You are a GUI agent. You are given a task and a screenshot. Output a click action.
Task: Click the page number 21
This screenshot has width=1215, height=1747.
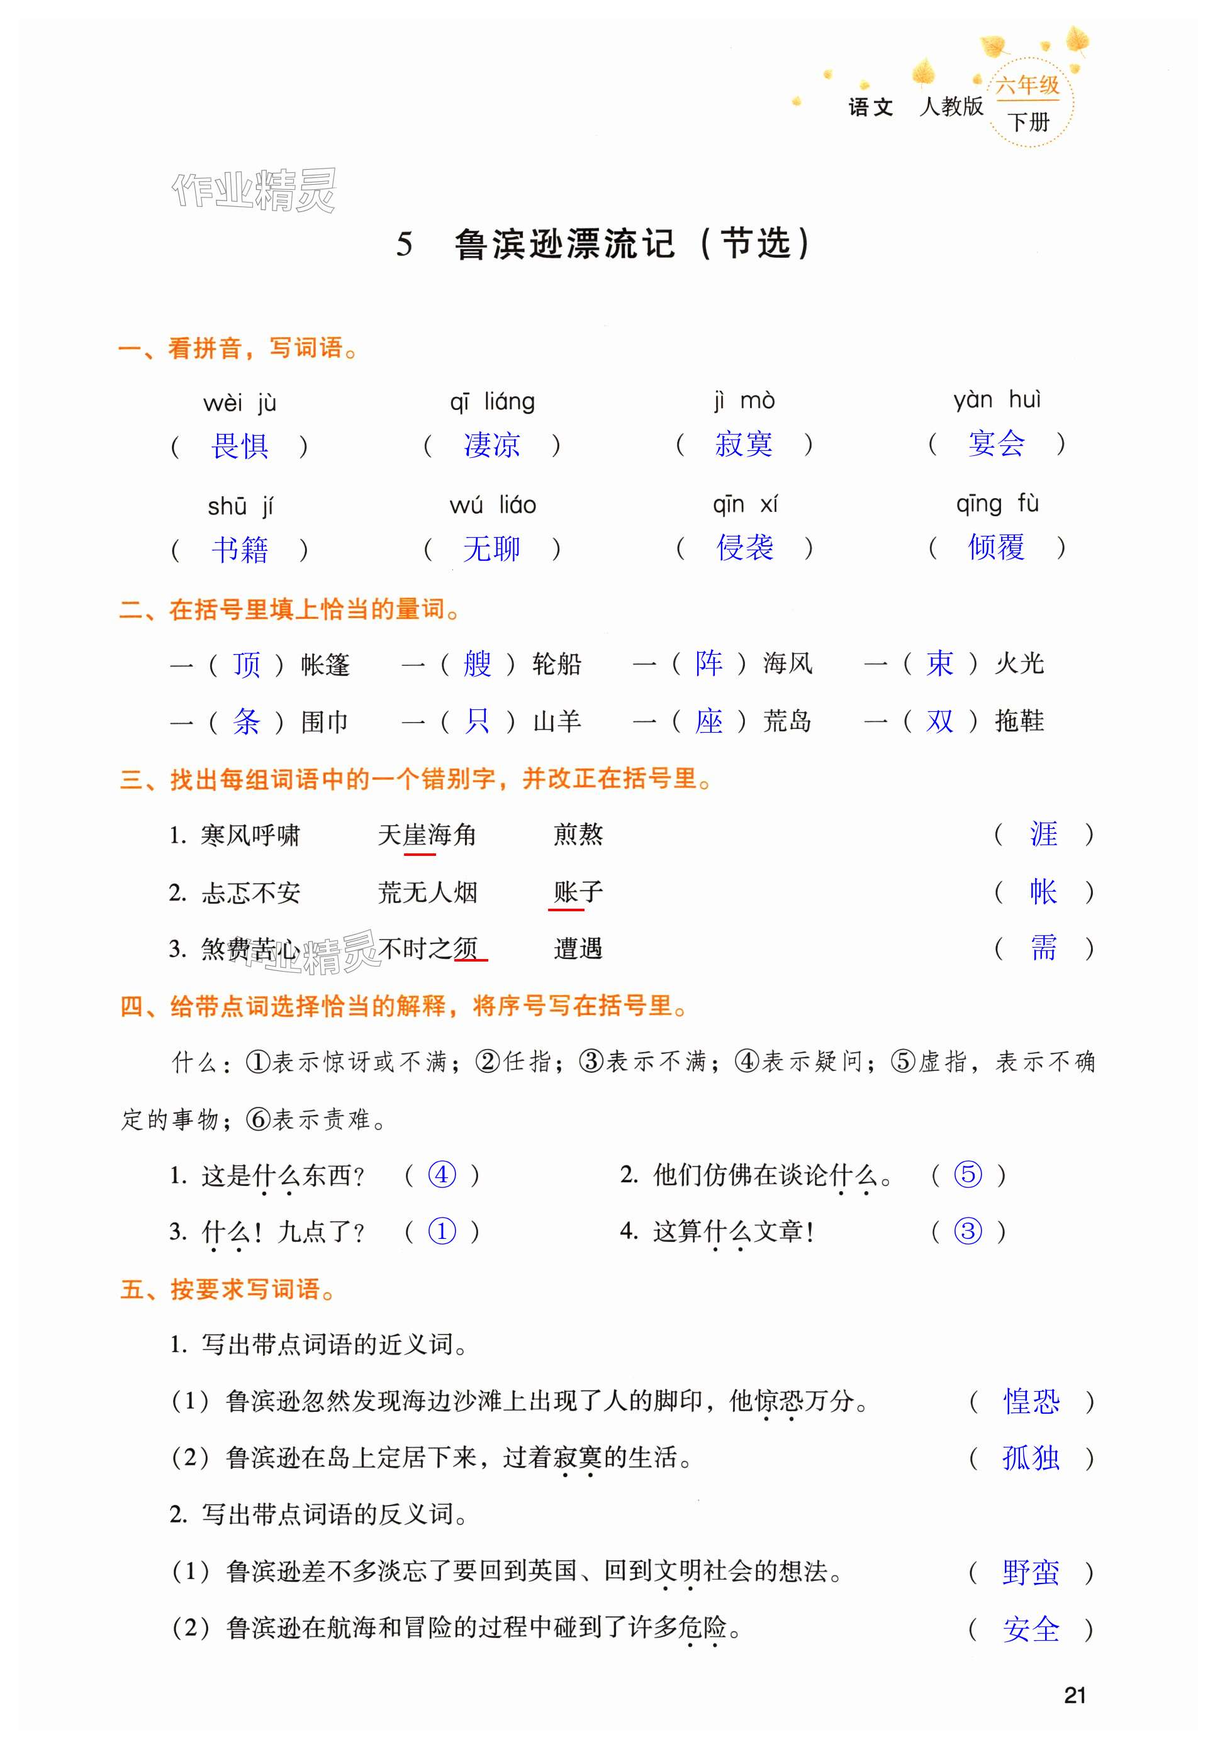pyautogui.click(x=1074, y=1695)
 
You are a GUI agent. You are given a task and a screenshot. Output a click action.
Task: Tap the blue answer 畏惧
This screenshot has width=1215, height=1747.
pyautogui.click(x=239, y=446)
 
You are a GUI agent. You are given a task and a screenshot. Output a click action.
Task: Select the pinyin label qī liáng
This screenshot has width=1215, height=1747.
pyautogui.click(x=492, y=401)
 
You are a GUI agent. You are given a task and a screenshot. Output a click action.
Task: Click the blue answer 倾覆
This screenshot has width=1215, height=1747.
pyautogui.click(x=996, y=547)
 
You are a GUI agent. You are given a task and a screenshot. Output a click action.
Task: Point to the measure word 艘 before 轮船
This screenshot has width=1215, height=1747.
pyautogui.click(x=478, y=663)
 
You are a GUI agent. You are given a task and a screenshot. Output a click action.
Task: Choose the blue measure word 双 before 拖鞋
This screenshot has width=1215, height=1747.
pyautogui.click(x=939, y=721)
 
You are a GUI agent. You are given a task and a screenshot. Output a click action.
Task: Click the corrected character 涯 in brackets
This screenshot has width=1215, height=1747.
pyautogui.click(x=1043, y=835)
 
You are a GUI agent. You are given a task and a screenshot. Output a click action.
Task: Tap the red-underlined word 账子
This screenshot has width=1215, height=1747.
pyautogui.click(x=578, y=892)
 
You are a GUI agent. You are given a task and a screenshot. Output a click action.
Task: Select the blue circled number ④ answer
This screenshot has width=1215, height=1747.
pyautogui.click(x=442, y=1175)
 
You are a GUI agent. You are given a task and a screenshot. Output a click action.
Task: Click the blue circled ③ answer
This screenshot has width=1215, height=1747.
pyautogui.click(x=968, y=1231)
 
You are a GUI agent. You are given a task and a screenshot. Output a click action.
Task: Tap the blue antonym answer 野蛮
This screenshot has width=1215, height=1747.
pyautogui.click(x=1031, y=1572)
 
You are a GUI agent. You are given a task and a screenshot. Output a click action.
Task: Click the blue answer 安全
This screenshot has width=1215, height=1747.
pyautogui.click(x=1031, y=1629)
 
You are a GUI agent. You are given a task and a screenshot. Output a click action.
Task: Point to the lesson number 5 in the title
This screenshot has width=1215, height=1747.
pyautogui.click(x=404, y=244)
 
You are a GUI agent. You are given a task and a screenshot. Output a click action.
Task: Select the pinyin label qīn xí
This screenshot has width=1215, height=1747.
pyautogui.click(x=744, y=504)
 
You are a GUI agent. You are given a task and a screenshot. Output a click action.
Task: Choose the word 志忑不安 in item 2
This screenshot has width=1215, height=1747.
pyautogui.click(x=250, y=892)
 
